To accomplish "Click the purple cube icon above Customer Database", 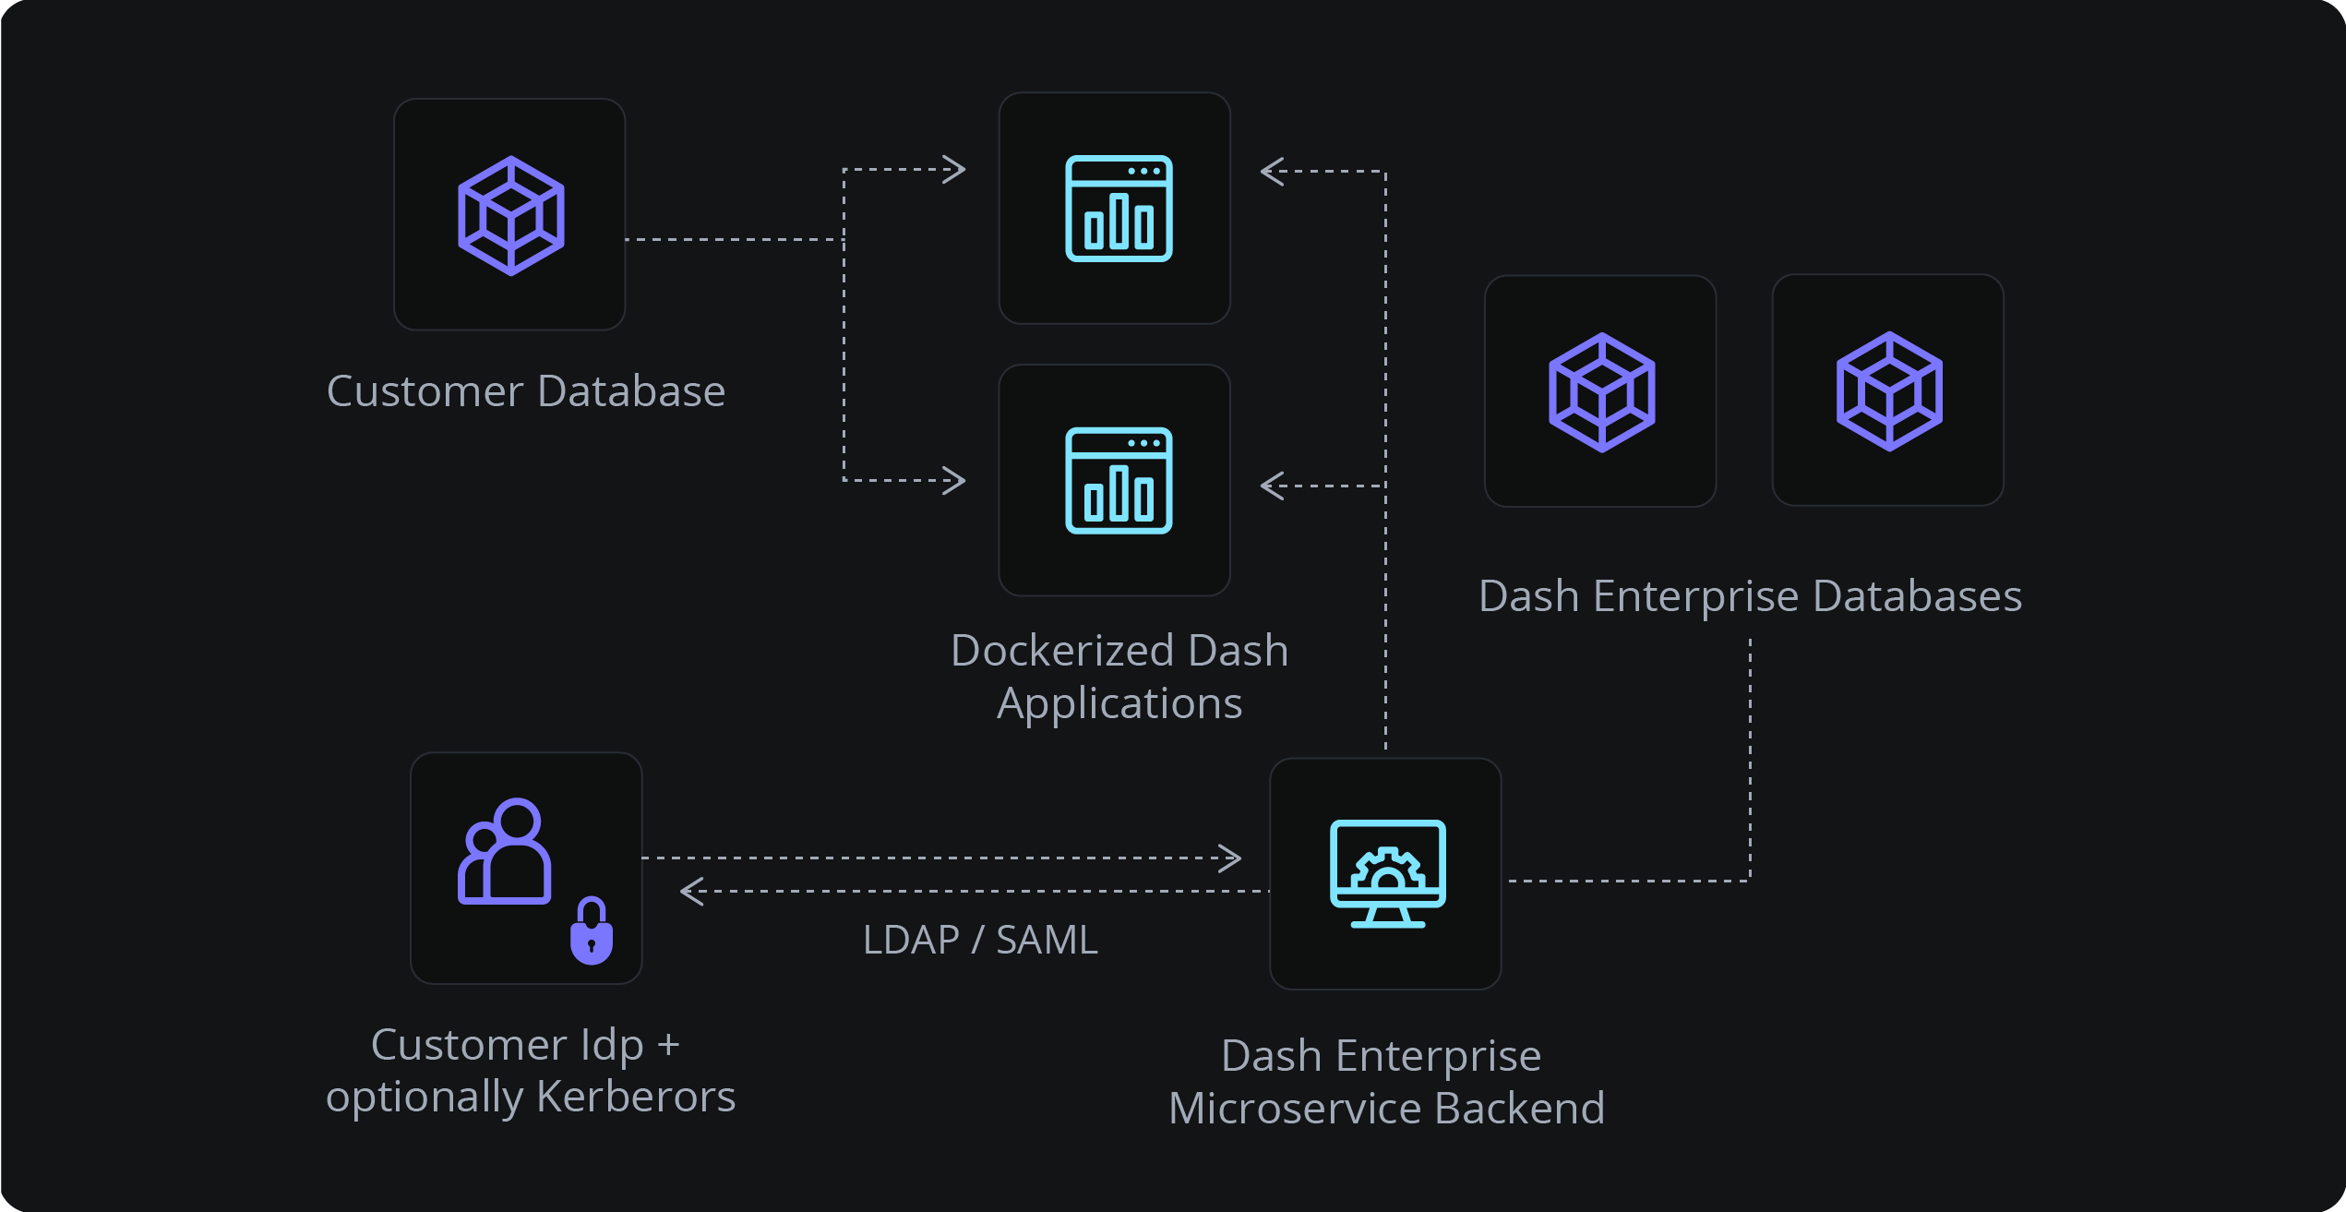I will click(x=510, y=215).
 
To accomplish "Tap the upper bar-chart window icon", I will click(x=1119, y=209).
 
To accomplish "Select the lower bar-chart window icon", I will click(x=1119, y=480).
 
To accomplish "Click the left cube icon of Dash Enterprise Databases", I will click(x=1601, y=392).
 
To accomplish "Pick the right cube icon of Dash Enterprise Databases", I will click(x=1889, y=391).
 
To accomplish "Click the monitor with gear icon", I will click(x=1387, y=872).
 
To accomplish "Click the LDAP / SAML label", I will click(x=980, y=940).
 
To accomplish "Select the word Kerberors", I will click(x=635, y=1097).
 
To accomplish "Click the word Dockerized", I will click(x=1061, y=650).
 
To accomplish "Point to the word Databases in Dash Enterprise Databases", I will click(x=1917, y=595).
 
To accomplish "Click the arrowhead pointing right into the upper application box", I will click(x=955, y=169).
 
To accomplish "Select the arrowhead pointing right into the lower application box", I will click(x=955, y=480).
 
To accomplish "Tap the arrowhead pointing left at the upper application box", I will click(x=1272, y=172).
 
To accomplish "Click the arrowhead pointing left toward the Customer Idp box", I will click(x=691, y=891).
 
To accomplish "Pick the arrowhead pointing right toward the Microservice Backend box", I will click(x=1231, y=858).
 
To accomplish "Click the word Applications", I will click(x=1119, y=703).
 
